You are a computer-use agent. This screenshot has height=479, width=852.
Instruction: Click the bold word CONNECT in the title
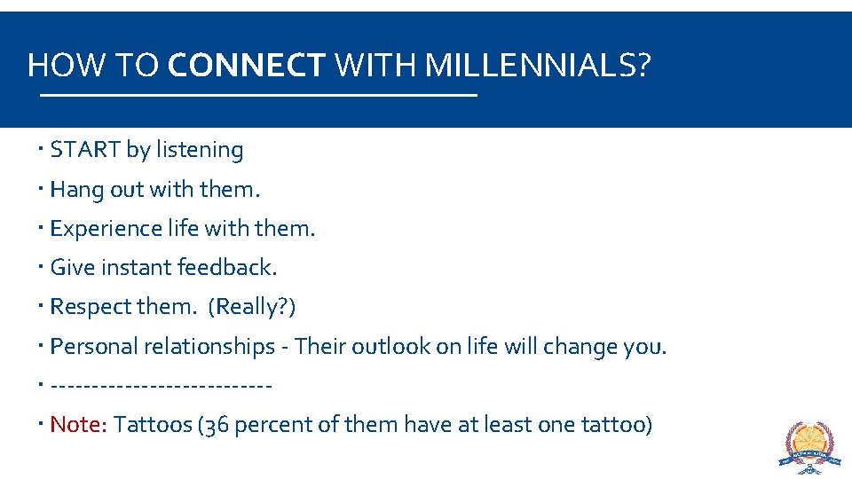point(246,65)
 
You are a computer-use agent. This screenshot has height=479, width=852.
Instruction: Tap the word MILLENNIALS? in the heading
point(538,65)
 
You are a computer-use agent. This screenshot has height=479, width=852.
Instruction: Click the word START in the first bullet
point(85,150)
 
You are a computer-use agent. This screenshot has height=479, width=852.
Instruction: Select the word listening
point(200,150)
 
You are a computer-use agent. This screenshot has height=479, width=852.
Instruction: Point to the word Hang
point(77,189)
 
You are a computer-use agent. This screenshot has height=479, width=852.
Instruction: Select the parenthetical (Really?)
point(252,306)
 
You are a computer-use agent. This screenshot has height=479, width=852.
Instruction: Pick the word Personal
point(92,346)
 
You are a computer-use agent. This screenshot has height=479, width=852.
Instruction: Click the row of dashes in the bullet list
point(162,385)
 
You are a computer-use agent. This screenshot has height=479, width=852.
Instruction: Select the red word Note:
point(79,425)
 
